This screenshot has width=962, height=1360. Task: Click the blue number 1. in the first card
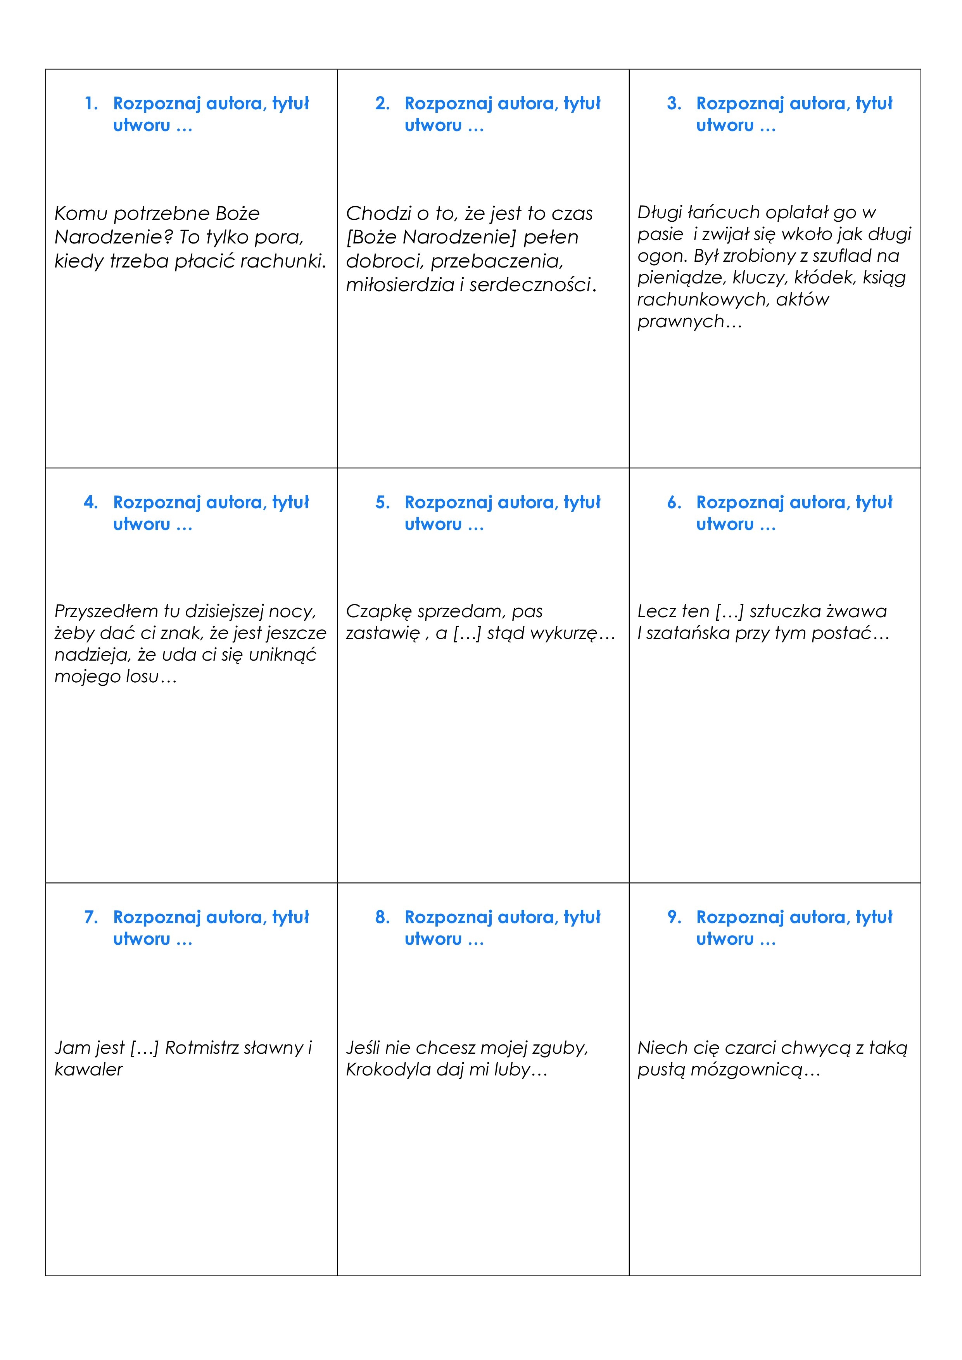pos(91,104)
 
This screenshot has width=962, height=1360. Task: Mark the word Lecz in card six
pos(655,611)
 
